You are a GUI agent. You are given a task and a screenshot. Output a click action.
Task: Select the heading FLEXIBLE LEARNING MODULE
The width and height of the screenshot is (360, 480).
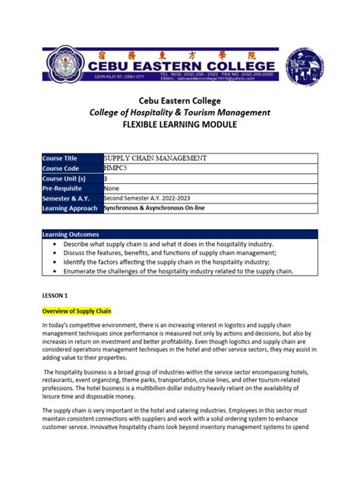180,125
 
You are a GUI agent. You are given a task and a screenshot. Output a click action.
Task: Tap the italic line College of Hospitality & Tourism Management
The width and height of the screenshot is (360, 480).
180,112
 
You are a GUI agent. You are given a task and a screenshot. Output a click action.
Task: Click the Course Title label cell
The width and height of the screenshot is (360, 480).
71,158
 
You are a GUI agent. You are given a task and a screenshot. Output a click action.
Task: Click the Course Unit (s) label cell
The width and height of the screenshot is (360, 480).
71,178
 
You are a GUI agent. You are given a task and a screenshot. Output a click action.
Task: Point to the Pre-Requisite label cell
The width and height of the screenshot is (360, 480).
71,188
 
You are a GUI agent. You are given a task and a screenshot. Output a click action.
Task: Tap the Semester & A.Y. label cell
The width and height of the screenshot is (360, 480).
71,197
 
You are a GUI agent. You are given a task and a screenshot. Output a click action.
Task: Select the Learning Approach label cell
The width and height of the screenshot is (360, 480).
71,207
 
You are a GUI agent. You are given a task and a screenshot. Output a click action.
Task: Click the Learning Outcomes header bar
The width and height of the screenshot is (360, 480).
180,235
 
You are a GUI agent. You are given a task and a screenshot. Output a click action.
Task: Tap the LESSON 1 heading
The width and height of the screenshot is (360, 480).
55,293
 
